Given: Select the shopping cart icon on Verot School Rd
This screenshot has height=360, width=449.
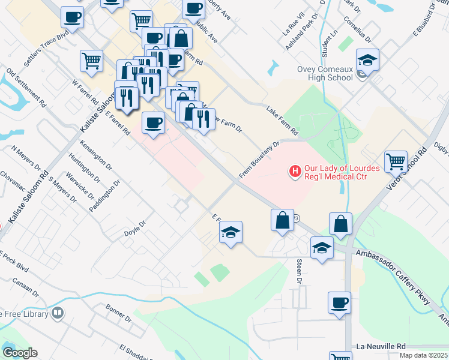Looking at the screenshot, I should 396,161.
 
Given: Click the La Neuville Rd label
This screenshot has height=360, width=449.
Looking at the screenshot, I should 381,347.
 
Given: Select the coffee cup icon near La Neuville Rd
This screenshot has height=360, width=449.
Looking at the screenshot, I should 339,302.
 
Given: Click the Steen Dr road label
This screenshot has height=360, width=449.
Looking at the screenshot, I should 299,271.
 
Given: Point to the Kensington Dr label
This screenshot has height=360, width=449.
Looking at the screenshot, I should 95,154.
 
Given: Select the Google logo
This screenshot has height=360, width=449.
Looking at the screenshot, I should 20,353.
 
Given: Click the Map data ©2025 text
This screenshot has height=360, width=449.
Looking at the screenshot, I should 422,355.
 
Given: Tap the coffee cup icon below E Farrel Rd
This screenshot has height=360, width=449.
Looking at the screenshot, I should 153,123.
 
